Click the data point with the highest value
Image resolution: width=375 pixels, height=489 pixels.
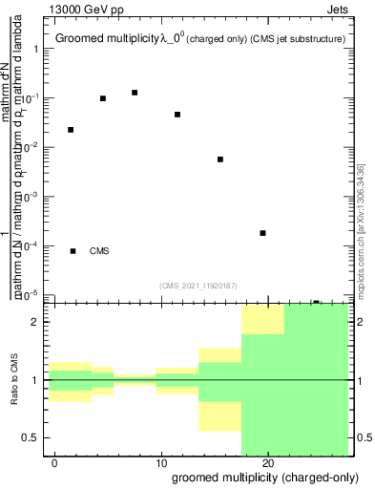(135, 93)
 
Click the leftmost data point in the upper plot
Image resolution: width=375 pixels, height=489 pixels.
(71, 130)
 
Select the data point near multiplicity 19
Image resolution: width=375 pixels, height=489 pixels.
(262, 233)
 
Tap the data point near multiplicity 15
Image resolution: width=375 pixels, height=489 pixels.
(220, 159)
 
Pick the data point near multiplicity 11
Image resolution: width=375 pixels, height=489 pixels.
(177, 115)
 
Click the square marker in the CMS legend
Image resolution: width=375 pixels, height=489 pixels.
(73, 251)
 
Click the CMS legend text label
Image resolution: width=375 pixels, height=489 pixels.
(99, 251)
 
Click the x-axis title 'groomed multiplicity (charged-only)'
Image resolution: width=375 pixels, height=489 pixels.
(260, 476)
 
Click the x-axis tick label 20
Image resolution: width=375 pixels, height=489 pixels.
(268, 461)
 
